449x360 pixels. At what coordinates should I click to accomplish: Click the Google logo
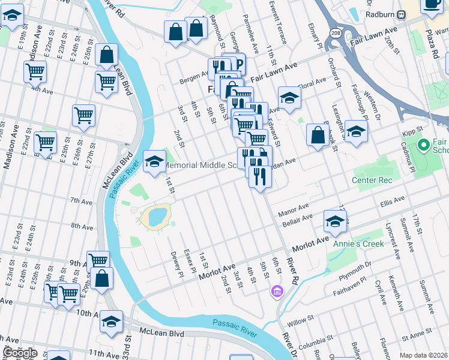click(x=20, y=353)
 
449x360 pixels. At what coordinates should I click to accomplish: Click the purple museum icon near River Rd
click(x=276, y=292)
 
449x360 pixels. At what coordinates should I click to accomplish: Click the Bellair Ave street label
click(x=295, y=220)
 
